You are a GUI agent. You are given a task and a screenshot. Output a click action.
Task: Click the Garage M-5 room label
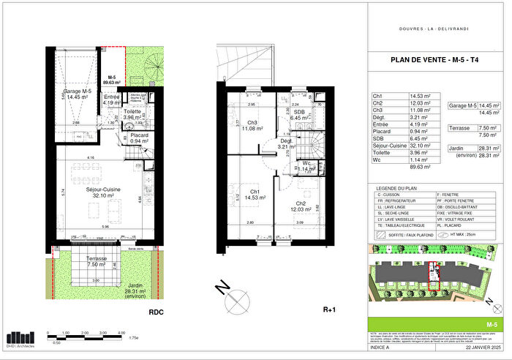click(x=75, y=92)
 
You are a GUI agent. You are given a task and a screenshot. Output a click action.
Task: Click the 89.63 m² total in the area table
click(x=419, y=166)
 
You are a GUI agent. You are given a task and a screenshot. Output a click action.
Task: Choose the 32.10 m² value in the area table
click(x=419, y=146)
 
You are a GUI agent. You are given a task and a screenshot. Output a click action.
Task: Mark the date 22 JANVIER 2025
click(x=479, y=354)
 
